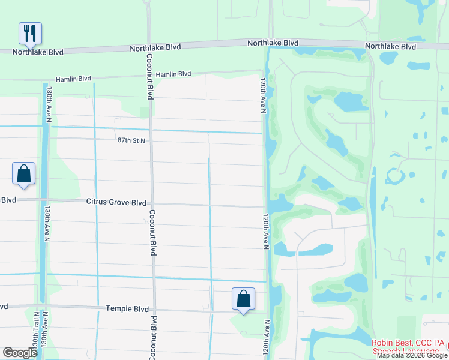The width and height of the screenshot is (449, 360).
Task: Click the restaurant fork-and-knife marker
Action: (x=29, y=34)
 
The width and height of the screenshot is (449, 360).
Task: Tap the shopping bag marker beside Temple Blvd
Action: (x=243, y=299)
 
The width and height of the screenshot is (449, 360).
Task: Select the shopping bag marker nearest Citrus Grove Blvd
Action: (x=23, y=174)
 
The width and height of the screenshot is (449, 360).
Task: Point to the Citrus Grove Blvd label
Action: (x=116, y=203)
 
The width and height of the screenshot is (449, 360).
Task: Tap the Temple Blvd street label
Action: (x=127, y=309)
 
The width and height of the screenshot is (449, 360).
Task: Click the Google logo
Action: (x=20, y=352)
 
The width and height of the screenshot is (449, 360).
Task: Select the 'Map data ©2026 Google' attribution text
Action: (x=412, y=355)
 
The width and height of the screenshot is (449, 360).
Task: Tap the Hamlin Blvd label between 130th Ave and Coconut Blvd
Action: (x=73, y=79)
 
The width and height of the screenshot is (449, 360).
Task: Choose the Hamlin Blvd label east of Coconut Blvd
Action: (x=173, y=74)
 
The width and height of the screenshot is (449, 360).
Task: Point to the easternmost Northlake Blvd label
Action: (x=391, y=46)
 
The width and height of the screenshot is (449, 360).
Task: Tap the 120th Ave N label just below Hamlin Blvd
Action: (x=262, y=94)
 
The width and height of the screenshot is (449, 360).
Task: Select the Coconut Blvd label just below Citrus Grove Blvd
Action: (x=152, y=233)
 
